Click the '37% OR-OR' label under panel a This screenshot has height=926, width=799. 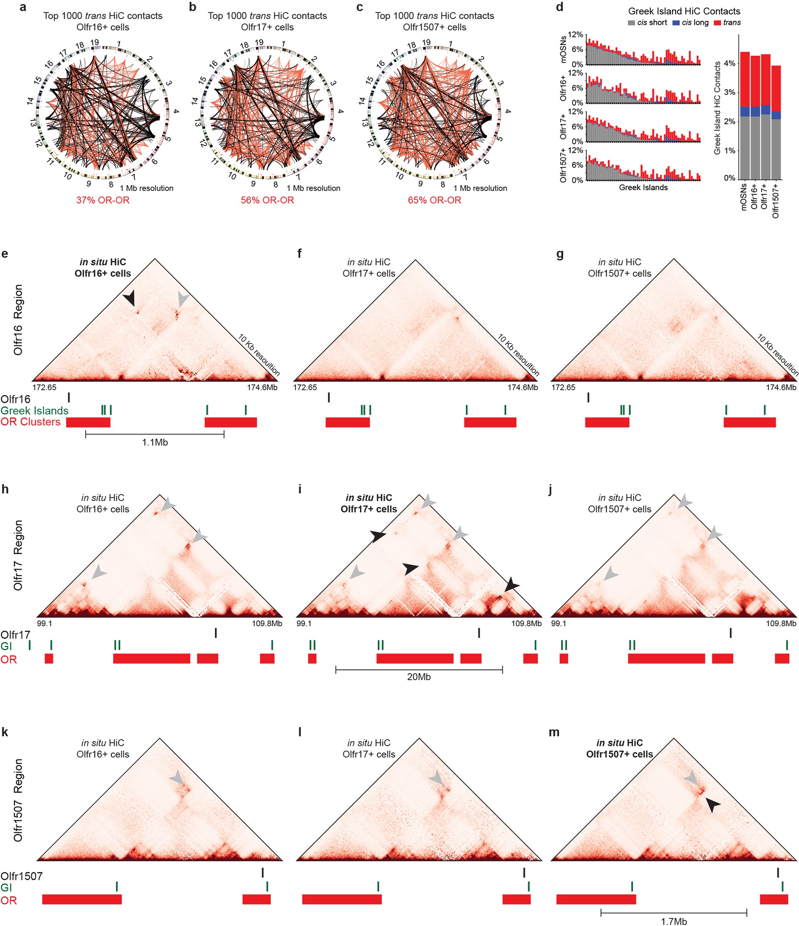pos(103,200)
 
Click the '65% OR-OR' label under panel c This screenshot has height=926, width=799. pos(434,200)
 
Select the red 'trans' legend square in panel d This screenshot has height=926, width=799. pos(717,23)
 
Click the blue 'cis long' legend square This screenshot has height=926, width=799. pos(676,23)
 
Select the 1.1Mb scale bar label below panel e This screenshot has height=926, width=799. pos(154,443)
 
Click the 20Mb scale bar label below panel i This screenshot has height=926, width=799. pos(419,677)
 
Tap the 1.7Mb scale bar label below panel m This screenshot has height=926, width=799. pos(673,921)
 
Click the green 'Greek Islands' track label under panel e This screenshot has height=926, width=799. pos(35,411)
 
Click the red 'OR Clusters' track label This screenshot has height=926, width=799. pos(30,422)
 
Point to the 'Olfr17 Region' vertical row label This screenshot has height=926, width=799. pos(18,555)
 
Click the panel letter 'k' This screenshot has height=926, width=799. pos(5,732)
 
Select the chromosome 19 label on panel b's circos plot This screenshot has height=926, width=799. pos(259,43)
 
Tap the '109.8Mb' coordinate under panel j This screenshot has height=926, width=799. pos(780,624)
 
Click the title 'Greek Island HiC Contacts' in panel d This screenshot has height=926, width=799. pos(684,11)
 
